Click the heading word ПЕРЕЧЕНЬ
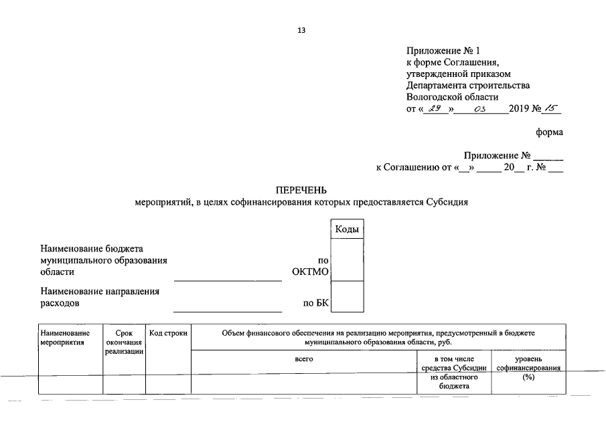[302, 191]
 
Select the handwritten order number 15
[552, 109]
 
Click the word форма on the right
[549, 132]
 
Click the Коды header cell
[347, 229]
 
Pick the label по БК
[316, 303]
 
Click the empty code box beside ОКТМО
[347, 259]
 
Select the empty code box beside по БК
[347, 296]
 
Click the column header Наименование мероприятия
[64, 337]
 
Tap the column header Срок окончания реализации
[124, 342]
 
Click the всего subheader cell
[303, 359]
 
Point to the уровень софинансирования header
[528, 364]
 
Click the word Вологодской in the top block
[437, 97]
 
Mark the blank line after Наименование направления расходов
[228, 310]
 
